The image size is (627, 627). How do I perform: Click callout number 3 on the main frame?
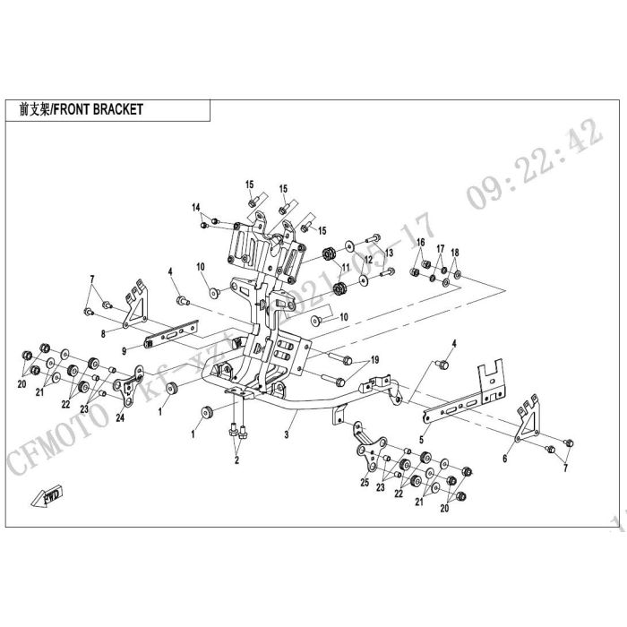pos(285,434)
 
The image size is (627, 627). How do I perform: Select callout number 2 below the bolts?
pos(236,460)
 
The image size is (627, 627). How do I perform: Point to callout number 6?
pos(505,458)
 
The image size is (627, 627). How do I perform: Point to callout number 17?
pos(441,248)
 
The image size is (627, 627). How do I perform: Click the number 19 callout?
pos(375,359)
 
